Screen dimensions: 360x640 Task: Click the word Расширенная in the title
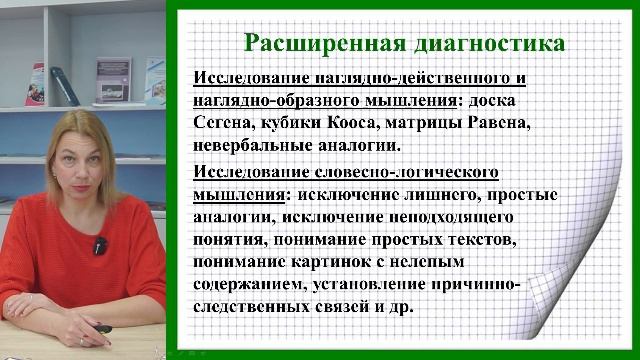click(308, 43)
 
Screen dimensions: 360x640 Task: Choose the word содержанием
click(247, 285)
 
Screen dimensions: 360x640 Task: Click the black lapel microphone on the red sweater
click(100, 246)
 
